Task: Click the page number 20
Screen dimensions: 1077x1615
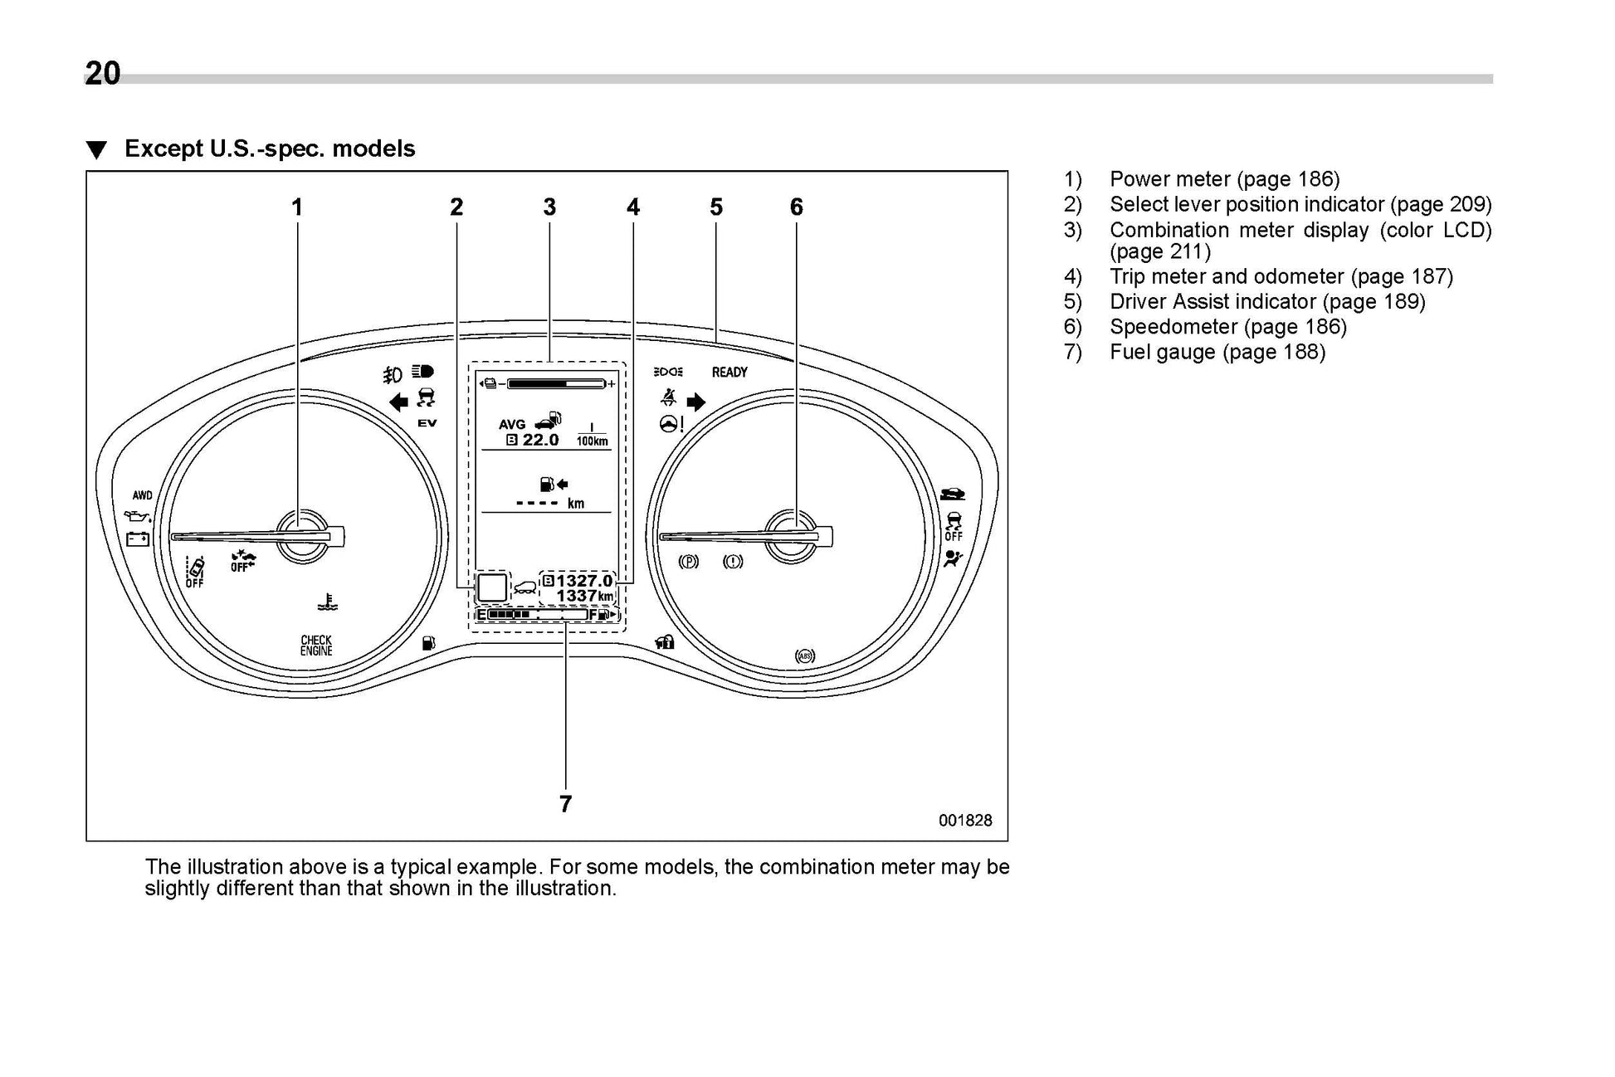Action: click(x=103, y=74)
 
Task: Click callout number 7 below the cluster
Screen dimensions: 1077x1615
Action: click(x=565, y=803)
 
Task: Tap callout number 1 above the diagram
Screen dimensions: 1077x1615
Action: click(x=297, y=207)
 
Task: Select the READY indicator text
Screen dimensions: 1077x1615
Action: click(x=729, y=373)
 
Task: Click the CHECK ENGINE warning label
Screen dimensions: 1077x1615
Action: click(x=316, y=646)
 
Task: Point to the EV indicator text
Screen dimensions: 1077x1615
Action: click(x=427, y=423)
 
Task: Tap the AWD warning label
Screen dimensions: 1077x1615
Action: click(x=143, y=495)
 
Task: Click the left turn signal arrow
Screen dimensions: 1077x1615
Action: click(x=399, y=402)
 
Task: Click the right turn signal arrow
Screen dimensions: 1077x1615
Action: click(x=696, y=402)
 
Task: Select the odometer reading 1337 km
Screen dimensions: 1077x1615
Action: click(x=584, y=597)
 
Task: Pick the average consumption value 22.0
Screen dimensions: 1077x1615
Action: click(x=540, y=440)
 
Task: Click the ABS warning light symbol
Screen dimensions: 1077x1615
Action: click(x=805, y=656)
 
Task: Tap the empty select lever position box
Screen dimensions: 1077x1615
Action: click(x=491, y=587)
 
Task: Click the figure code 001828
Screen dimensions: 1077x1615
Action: click(x=965, y=820)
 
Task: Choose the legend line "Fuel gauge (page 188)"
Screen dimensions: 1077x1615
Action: click(x=1217, y=352)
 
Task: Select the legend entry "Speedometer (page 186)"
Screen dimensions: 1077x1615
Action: click(x=1227, y=327)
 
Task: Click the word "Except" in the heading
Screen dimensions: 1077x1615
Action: click(x=163, y=149)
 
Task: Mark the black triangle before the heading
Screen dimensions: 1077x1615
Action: click(x=97, y=150)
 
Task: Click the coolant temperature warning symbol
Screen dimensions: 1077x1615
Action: click(x=328, y=602)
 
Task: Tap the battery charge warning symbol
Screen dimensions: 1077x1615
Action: click(x=138, y=539)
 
